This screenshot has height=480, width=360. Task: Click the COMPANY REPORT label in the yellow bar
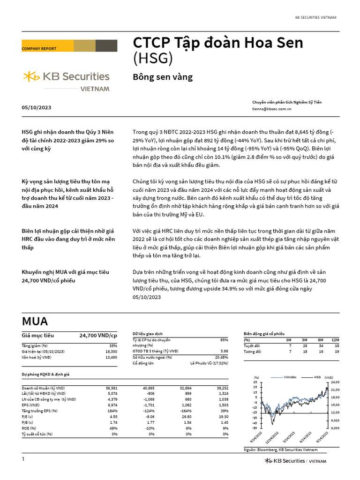point(39,49)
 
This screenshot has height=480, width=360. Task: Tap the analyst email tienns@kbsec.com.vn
point(272,108)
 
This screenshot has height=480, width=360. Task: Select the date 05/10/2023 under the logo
point(37,108)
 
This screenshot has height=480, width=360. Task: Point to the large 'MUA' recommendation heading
point(35,321)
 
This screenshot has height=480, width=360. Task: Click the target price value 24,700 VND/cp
point(98,336)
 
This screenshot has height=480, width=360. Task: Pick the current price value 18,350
point(110,351)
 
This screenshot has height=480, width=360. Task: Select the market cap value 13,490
point(110,357)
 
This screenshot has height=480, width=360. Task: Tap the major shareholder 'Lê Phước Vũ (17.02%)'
point(209,363)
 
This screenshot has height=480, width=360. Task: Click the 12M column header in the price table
point(335,339)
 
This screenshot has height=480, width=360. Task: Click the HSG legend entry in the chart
point(317,376)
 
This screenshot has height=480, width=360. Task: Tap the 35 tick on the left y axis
point(255,382)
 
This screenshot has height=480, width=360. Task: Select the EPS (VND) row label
point(31,404)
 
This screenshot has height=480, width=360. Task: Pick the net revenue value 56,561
point(112,388)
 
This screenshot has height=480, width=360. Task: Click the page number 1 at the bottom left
point(22,459)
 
